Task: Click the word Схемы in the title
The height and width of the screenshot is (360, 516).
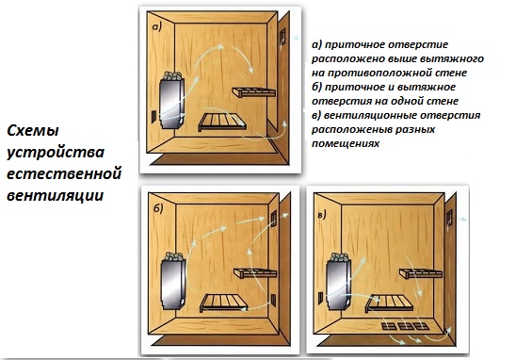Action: pos(33,131)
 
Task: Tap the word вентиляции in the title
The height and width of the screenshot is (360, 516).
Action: pos(56,195)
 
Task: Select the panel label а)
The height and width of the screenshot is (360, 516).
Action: pos(157,26)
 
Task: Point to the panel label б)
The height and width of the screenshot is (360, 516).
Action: pos(158,208)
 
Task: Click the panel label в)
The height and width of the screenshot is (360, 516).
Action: pos(322,215)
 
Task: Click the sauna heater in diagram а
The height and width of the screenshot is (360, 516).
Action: pos(171,100)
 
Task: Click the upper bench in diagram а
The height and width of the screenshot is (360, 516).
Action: pos(253,92)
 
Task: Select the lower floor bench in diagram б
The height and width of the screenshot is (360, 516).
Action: pos(223,303)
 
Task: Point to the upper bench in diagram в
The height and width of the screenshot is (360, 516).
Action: pos(421,273)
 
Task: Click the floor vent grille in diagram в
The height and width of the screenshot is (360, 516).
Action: pos(406,326)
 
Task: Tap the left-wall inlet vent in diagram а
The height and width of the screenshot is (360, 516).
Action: pos(153,117)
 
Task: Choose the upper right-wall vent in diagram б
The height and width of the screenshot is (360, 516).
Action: pos(273,219)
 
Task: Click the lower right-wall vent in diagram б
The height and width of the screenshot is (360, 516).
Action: pos(273,301)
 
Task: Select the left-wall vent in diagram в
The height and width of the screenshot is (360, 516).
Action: pos(320,298)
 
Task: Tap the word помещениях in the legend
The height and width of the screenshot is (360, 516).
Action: pos(346,144)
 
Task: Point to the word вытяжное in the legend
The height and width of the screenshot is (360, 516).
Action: pos(432,87)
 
